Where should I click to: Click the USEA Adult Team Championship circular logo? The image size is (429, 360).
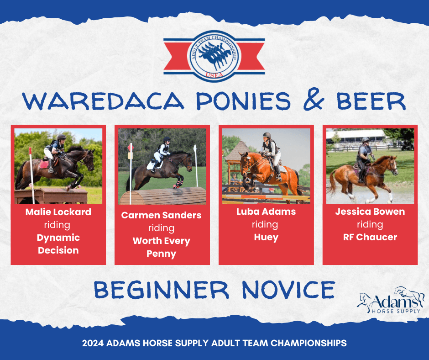[x=214, y=57]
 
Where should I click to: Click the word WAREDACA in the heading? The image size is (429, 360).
[x=103, y=101]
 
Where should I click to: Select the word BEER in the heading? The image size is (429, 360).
[x=371, y=101]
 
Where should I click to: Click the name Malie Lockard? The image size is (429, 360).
[x=58, y=212]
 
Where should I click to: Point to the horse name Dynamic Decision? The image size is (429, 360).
[x=58, y=244]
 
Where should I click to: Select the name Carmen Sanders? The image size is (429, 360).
[x=162, y=215]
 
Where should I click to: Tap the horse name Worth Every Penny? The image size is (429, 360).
[x=162, y=247]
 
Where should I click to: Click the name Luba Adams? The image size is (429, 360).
[x=266, y=212]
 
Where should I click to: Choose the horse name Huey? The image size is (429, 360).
[x=266, y=237]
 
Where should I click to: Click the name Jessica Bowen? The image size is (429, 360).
[x=370, y=212]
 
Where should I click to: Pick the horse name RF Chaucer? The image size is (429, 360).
[x=370, y=237]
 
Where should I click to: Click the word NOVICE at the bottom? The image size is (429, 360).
[x=288, y=290]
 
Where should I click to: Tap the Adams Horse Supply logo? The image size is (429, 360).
[x=390, y=301]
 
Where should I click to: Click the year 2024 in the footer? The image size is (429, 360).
[x=93, y=343]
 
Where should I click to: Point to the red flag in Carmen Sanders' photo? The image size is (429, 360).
[x=131, y=148]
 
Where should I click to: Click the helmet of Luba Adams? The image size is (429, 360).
[x=267, y=135]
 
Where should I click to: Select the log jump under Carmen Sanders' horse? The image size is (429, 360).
[x=163, y=196]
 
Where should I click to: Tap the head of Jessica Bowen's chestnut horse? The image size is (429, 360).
[x=392, y=164]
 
